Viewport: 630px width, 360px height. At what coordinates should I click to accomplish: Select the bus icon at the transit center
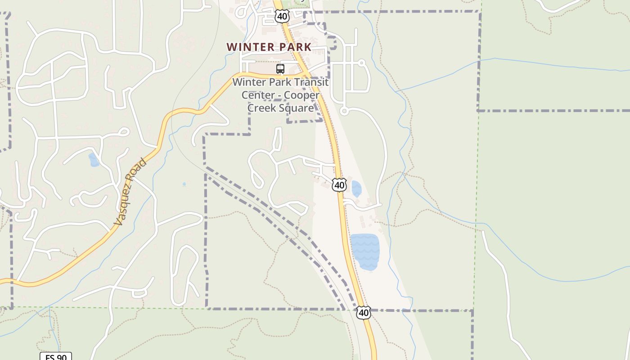click(280, 69)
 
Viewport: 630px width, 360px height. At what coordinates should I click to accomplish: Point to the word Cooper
click(302, 95)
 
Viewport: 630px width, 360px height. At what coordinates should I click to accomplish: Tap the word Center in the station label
click(257, 95)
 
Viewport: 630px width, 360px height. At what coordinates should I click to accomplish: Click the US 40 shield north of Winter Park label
click(282, 17)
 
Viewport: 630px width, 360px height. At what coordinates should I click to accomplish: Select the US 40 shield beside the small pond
click(339, 184)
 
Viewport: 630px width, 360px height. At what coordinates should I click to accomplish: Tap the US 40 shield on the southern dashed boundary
click(364, 312)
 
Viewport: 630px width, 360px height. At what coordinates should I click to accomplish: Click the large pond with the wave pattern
click(364, 252)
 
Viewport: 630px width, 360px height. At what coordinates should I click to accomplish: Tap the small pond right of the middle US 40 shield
click(356, 189)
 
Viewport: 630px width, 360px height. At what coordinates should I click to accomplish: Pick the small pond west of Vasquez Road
click(94, 160)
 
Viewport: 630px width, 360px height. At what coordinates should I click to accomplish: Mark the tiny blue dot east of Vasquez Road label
click(184, 184)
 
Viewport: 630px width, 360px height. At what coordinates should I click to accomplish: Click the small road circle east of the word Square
click(344, 111)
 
